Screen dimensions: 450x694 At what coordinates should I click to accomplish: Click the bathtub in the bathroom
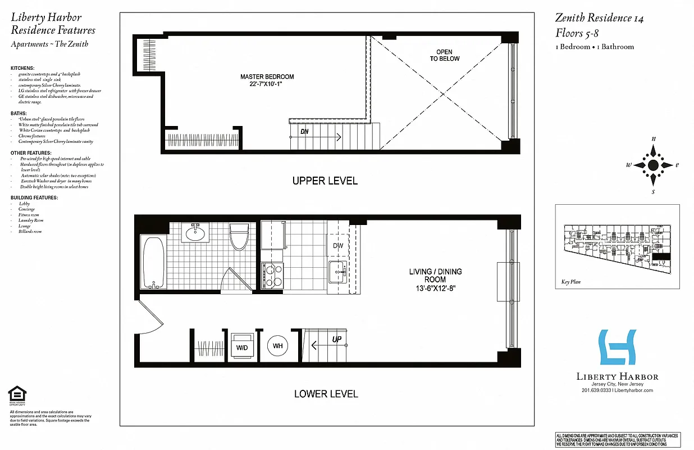pos(153,262)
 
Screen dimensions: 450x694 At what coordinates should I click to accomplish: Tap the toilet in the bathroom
pos(239,237)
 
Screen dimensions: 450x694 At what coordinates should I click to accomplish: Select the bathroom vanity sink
pos(196,233)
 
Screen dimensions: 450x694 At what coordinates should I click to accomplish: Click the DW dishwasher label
pos(337,246)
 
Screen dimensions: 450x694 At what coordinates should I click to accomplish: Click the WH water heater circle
pos(277,346)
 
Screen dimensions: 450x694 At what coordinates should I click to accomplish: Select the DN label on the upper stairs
pos(304,132)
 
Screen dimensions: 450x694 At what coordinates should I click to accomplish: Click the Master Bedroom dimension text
pos(267,84)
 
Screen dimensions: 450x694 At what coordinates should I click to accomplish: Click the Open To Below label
pos(445,55)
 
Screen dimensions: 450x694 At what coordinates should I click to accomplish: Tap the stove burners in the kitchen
pos(272,276)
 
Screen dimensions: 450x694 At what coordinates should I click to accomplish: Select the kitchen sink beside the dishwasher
pos(337,272)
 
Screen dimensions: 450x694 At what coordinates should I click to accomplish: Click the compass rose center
pos(653,165)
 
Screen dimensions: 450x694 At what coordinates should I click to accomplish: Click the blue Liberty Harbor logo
pos(617,347)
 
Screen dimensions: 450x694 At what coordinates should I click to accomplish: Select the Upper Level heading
pos(325,181)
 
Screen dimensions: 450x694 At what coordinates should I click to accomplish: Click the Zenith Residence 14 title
pos(599,18)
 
